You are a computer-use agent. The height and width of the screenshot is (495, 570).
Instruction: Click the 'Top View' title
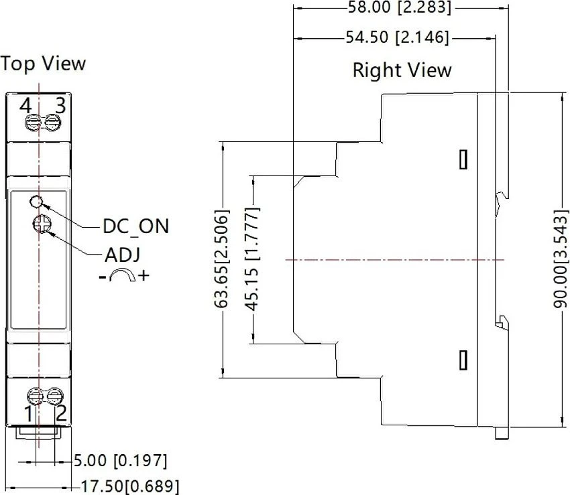pyautogui.click(x=43, y=64)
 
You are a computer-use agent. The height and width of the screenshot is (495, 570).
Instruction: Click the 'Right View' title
pyautogui.click(x=402, y=70)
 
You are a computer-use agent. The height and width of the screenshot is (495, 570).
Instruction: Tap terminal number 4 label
pyautogui.click(x=25, y=106)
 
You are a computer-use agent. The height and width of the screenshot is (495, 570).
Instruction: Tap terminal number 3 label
pyautogui.click(x=60, y=105)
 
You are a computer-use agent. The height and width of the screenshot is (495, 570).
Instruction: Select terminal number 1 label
pyautogui.click(x=28, y=414)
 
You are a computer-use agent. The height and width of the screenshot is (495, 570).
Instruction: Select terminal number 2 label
pyautogui.click(x=61, y=413)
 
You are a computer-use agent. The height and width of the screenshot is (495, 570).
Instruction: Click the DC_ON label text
pyautogui.click(x=136, y=226)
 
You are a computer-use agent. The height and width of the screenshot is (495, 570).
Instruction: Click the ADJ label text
pyautogui.click(x=123, y=255)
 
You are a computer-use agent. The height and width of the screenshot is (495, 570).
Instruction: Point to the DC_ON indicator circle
pyautogui.click(x=37, y=202)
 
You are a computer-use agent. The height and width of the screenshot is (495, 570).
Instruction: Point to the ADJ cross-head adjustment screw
pyautogui.click(x=41, y=224)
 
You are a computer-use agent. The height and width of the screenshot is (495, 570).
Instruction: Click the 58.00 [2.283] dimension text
pyautogui.click(x=400, y=7)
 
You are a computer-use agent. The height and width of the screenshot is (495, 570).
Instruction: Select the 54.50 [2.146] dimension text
pyautogui.click(x=397, y=38)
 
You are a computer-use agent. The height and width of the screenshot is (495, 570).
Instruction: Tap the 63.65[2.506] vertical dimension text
pyautogui.click(x=221, y=259)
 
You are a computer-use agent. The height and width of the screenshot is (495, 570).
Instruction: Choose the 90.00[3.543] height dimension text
pyautogui.click(x=560, y=259)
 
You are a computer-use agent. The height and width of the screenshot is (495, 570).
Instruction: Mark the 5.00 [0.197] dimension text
pyautogui.click(x=121, y=461)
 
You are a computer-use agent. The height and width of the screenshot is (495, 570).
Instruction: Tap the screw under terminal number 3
pyautogui.click(x=53, y=122)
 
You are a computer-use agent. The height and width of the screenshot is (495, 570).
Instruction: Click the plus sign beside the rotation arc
pyautogui.click(x=144, y=275)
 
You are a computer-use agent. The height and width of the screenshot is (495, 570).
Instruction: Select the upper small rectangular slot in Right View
pyautogui.click(x=463, y=159)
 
